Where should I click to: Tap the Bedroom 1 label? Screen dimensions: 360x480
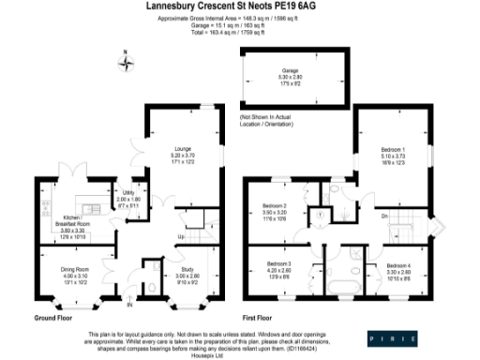click(392, 149)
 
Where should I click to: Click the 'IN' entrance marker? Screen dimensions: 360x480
click(131, 305)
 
